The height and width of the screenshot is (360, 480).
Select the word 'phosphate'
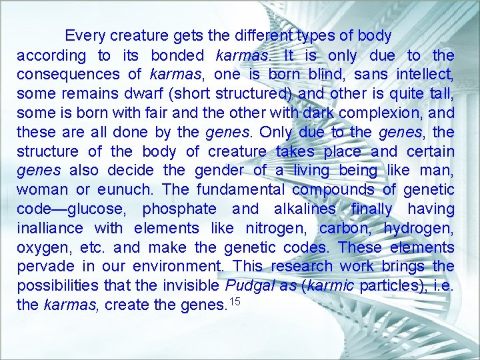pyautogui.click(x=179, y=209)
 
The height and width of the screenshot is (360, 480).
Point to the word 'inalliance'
pyautogui.click(x=50, y=229)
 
